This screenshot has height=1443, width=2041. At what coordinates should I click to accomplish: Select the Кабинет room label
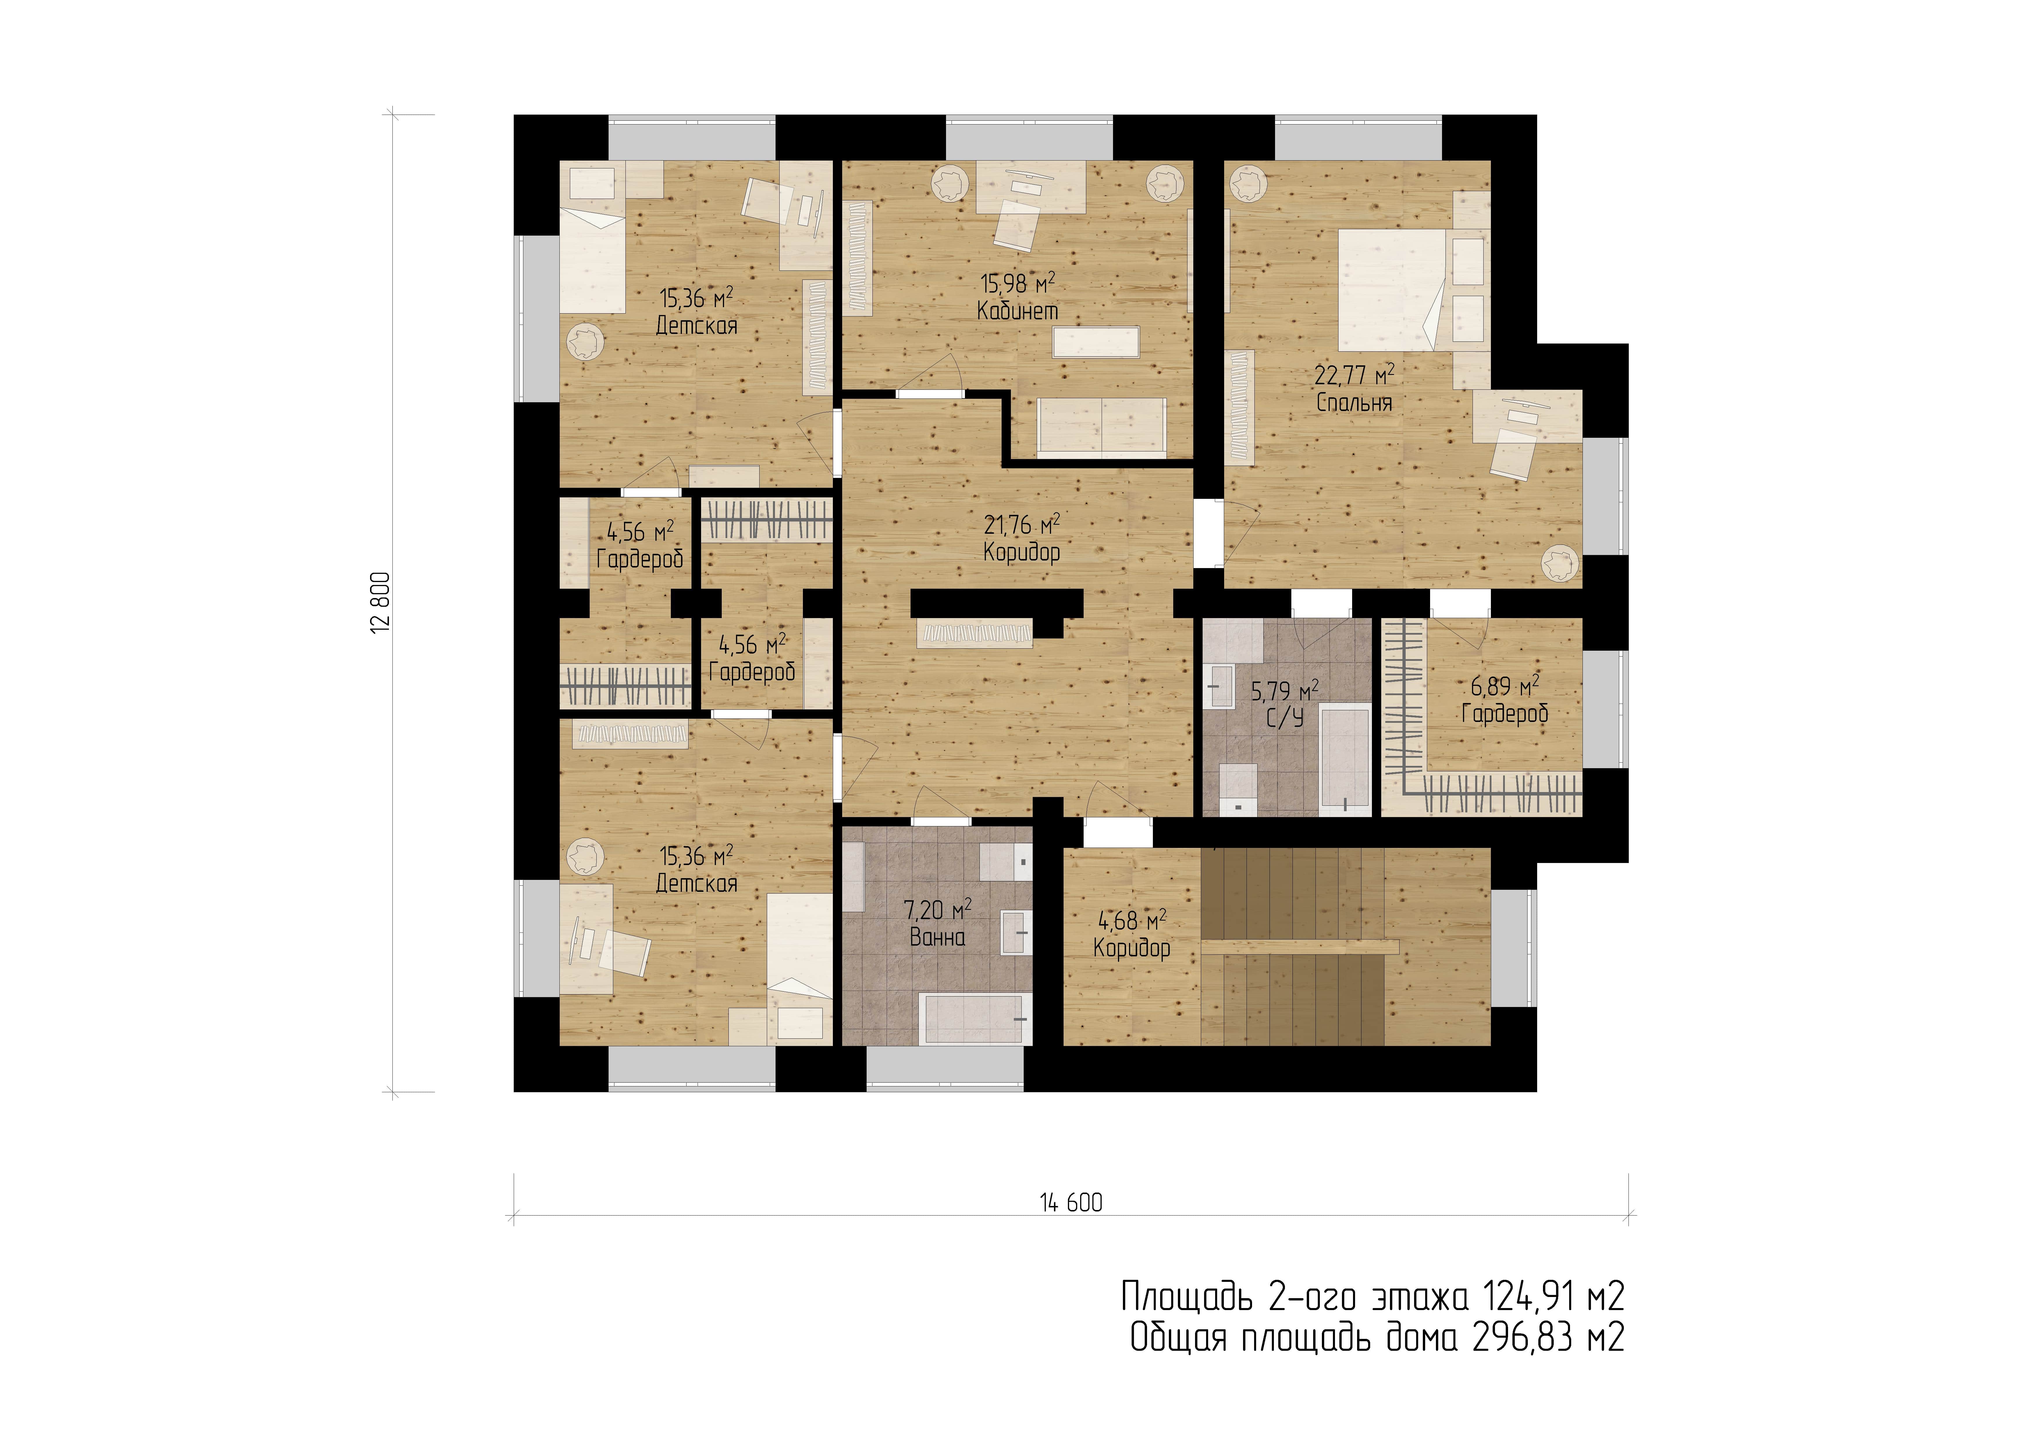point(1018,311)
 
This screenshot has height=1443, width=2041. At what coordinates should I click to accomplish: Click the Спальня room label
point(1354,403)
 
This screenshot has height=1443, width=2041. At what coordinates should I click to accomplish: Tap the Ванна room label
point(938,936)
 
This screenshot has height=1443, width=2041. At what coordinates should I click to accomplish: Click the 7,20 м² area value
point(938,910)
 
